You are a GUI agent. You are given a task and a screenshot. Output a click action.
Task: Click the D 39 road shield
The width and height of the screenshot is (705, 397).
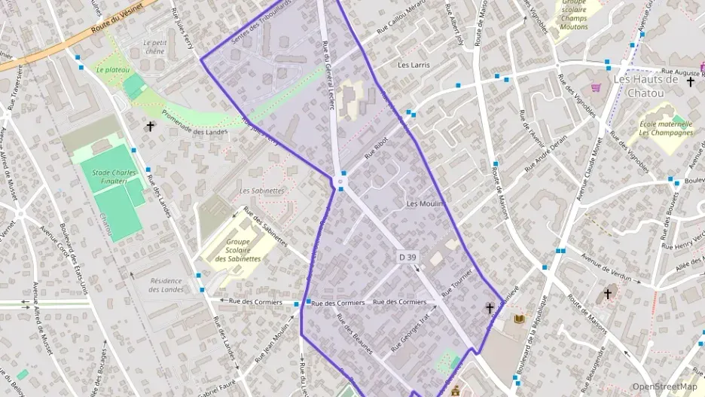[407, 258]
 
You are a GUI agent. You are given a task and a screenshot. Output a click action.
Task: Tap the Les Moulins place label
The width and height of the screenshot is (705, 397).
[426, 204]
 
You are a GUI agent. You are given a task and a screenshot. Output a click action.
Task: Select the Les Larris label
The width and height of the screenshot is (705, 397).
[414, 66]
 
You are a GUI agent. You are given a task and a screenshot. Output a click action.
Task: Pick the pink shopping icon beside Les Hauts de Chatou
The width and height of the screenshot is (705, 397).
[597, 88]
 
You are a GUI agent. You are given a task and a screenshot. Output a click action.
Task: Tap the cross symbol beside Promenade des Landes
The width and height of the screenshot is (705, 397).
[151, 127]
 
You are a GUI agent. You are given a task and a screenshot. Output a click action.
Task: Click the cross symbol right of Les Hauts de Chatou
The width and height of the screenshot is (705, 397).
[689, 81]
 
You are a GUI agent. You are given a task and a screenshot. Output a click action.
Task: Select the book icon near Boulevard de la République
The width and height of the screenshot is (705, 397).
[518, 319]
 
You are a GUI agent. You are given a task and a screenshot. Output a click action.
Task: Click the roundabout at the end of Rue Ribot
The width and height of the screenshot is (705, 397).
[341, 182]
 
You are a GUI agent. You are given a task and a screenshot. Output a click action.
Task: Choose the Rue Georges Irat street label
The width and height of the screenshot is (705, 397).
[414, 331]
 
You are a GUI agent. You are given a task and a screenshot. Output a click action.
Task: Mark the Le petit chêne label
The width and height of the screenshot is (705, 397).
[154, 47]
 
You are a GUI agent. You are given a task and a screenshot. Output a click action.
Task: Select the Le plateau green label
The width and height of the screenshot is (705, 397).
[113, 70]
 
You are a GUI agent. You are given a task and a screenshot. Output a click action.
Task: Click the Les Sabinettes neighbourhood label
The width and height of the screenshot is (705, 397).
[262, 191]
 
